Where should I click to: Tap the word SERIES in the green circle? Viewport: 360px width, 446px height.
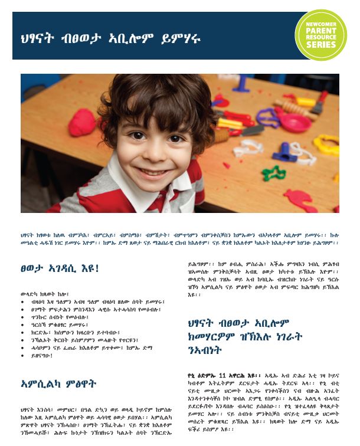[x=320, y=46]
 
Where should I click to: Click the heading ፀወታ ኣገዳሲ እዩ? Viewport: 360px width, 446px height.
[x=59, y=268]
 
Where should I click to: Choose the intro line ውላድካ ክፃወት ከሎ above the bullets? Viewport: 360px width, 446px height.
[x=41, y=293]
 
